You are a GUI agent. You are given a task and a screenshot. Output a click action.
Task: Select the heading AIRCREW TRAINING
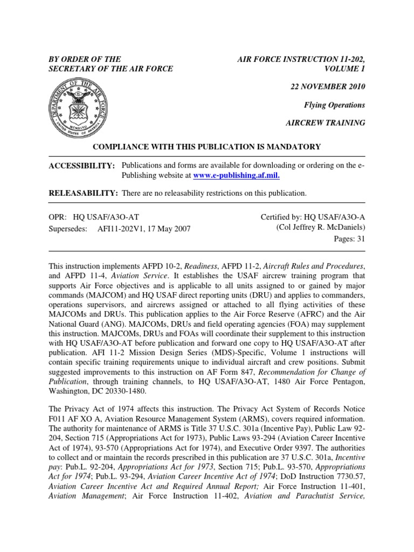(325, 123)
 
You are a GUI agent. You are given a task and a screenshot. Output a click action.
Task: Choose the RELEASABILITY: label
(84, 192)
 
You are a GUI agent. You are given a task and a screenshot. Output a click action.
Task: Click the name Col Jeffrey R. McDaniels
(321, 227)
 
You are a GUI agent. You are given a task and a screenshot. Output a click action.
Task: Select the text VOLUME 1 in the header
(345, 68)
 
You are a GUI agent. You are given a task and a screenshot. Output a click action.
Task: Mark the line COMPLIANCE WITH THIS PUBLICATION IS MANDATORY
(207, 147)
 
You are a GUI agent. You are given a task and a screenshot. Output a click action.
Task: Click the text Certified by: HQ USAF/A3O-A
(313, 216)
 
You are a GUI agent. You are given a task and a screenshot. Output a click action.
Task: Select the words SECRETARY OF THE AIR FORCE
(111, 68)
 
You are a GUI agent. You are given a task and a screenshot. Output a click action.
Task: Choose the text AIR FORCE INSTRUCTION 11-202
(301, 59)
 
